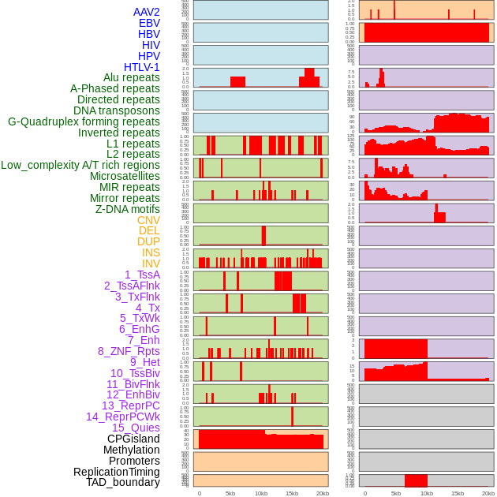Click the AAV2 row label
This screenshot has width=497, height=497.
[x=146, y=12]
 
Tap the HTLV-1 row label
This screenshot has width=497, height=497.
[x=141, y=67]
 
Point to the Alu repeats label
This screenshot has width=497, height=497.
[x=131, y=77]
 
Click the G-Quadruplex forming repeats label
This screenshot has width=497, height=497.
[x=84, y=121]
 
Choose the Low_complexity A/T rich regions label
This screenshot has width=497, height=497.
[x=80, y=165]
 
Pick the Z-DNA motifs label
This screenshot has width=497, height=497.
[x=128, y=209]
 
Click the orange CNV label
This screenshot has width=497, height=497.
[x=148, y=220]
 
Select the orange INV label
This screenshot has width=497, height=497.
[x=151, y=263]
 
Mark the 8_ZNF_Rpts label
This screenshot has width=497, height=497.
[x=129, y=351]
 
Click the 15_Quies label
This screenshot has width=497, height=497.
[x=136, y=428]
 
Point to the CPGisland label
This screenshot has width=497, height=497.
[x=133, y=439]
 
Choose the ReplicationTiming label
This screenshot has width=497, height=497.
[x=116, y=472]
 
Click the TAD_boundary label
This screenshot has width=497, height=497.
[x=122, y=482]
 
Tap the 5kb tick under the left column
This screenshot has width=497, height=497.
[x=230, y=493]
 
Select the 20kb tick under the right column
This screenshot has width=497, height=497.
[x=488, y=493]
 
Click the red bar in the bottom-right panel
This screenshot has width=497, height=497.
[x=416, y=480]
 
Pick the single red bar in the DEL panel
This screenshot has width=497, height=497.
[x=263, y=236]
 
